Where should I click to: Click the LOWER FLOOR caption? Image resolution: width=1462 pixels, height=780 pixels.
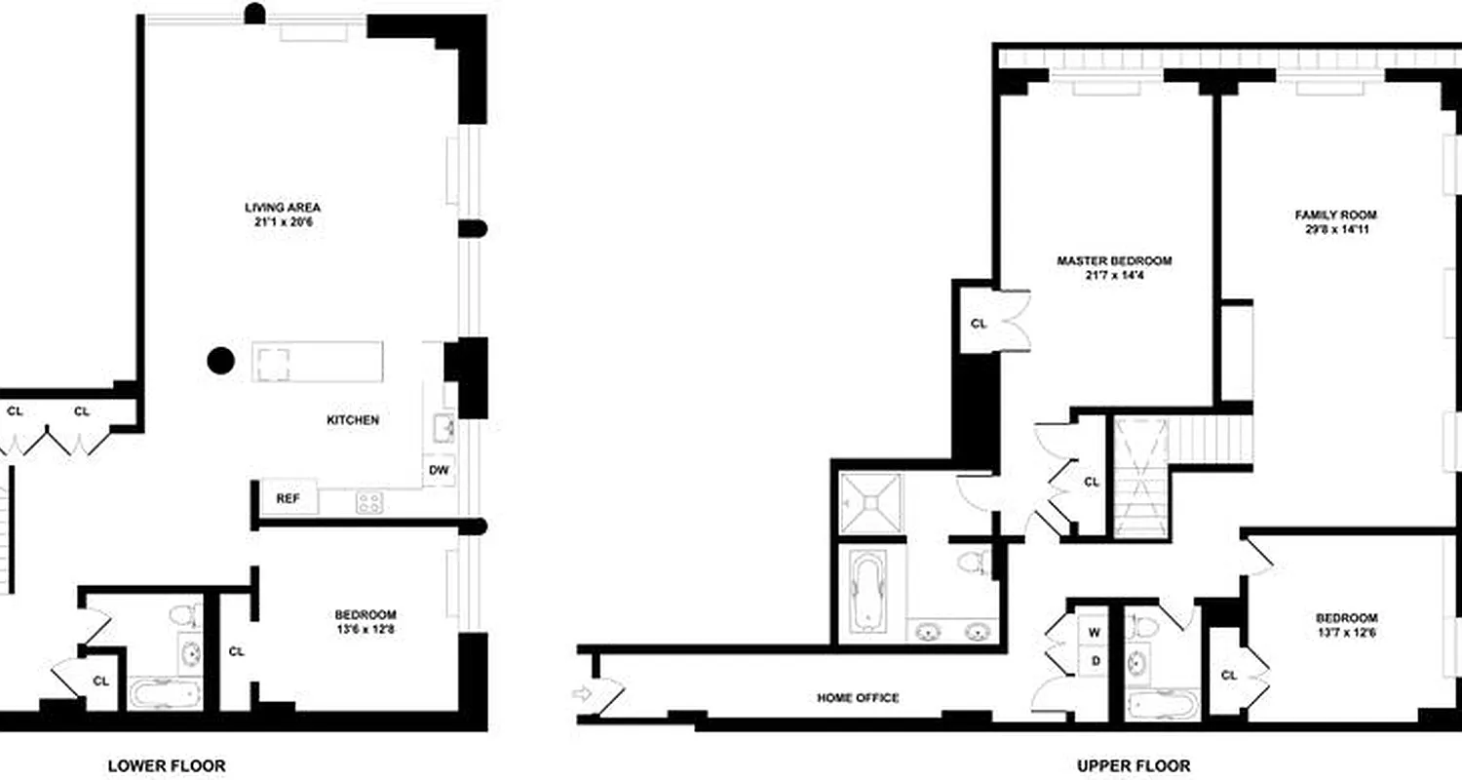pos(166,765)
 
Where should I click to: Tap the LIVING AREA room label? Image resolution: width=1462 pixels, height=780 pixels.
pos(283,207)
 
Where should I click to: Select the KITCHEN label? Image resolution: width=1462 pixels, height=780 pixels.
pos(352,420)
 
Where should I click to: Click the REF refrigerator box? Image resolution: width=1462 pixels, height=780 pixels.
pos(287,498)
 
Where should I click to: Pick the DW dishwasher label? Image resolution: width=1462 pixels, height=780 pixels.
pos(440,471)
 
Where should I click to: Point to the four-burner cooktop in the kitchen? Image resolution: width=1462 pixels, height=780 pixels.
pos(369,502)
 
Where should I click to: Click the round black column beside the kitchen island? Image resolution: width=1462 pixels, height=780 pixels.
pos(221,362)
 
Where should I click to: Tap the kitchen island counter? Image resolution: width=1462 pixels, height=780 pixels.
pos(318,362)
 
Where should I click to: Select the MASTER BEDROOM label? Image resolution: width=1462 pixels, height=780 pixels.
pos(1114,261)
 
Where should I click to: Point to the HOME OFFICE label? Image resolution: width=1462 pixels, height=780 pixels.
pos(857,698)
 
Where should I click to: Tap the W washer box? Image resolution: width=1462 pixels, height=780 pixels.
pos(1095,633)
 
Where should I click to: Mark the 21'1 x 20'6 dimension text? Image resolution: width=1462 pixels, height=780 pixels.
pos(283,222)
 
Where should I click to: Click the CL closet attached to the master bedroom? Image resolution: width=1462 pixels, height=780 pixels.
pos(979,324)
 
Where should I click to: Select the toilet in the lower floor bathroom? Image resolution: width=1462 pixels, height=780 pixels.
pos(184,616)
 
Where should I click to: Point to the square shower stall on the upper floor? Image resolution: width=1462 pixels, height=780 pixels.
pos(871,502)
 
